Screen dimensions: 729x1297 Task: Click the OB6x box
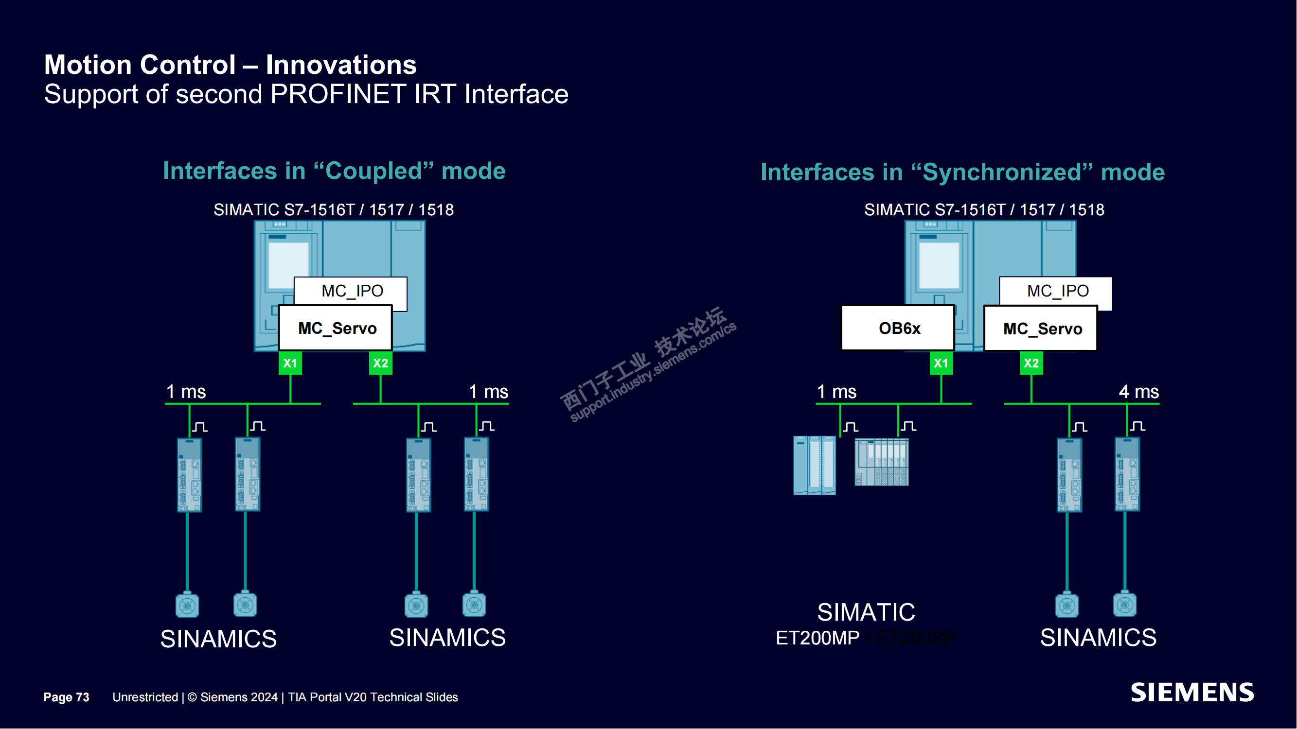point(899,328)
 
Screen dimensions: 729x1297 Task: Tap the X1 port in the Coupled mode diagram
point(290,363)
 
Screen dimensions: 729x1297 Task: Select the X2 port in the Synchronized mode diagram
point(1031,363)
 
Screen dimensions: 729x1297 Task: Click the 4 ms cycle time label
point(1138,391)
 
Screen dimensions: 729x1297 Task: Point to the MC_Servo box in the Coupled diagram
point(337,328)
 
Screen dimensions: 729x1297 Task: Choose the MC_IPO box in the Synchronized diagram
point(1057,291)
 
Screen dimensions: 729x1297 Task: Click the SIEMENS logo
point(1192,693)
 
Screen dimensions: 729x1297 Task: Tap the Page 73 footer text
point(66,697)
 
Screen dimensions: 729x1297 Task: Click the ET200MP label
point(817,638)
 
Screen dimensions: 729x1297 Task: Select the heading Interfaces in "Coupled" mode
point(334,171)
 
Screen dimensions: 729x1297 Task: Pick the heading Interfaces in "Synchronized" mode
point(962,172)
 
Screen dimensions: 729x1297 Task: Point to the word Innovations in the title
point(341,65)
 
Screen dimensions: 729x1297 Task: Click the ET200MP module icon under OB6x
point(814,466)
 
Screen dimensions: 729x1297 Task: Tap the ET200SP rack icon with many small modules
point(882,462)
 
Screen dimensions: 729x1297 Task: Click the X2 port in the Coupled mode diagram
point(381,363)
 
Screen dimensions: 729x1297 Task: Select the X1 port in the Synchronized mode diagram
point(941,363)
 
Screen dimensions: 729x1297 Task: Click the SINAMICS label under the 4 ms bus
point(1098,638)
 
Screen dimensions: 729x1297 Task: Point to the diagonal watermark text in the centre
point(648,363)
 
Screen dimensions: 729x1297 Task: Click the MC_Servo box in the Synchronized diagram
point(1041,329)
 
